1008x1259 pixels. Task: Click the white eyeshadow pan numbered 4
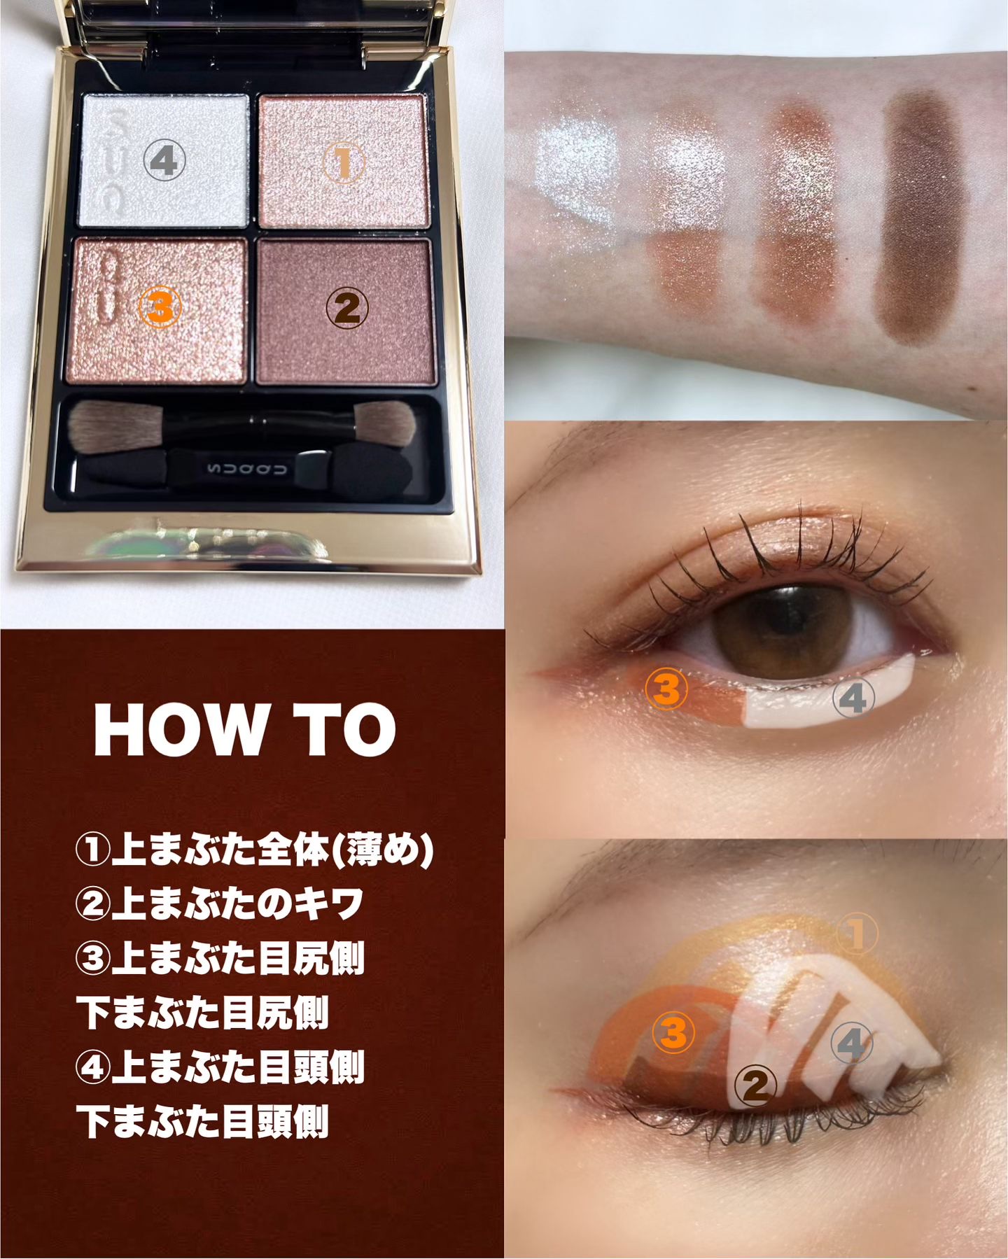(x=165, y=161)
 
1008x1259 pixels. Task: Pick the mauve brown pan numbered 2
(x=344, y=311)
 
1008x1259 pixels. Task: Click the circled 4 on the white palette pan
(x=164, y=161)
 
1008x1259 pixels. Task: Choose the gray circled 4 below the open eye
(x=855, y=698)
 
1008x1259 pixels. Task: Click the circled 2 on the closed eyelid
(x=756, y=1085)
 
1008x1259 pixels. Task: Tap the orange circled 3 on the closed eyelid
(x=673, y=1032)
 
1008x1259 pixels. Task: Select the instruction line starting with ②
(x=220, y=905)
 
